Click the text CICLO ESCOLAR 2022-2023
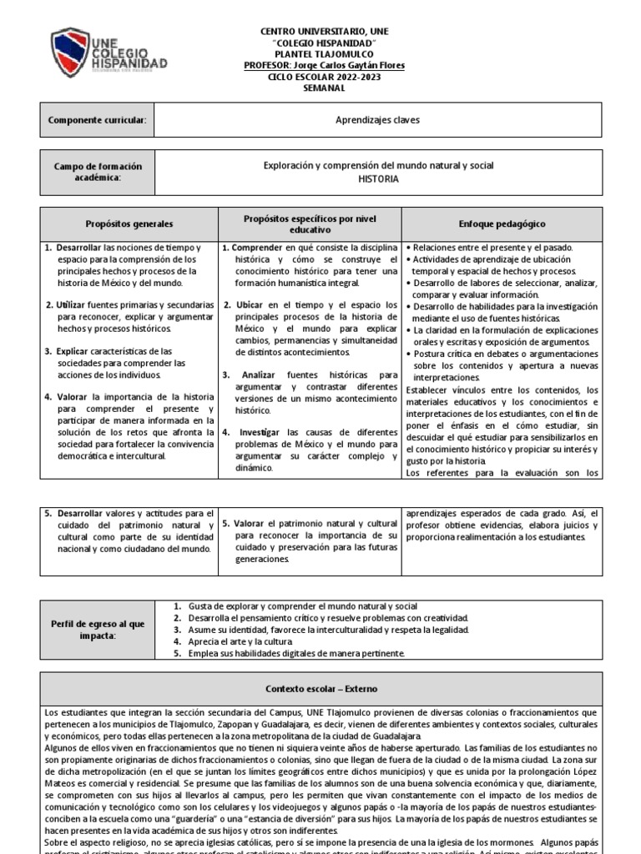point(325,76)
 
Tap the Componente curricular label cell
point(97,120)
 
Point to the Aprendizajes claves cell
point(377,120)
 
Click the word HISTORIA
point(378,178)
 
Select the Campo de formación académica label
point(97,172)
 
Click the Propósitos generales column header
point(129,224)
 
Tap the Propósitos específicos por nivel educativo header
point(310,224)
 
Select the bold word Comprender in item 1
point(257,248)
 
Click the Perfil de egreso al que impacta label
point(97,630)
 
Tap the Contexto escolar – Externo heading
point(320,689)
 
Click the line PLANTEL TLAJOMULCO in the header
point(325,54)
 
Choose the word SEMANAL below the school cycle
point(325,88)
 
